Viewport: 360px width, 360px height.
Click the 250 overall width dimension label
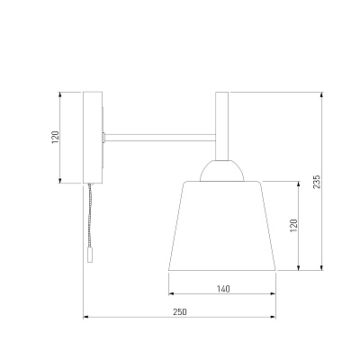coord(180,312)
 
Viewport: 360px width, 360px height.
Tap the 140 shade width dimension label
coord(223,289)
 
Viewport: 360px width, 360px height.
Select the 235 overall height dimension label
coord(317,182)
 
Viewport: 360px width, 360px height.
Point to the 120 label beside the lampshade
coord(293,226)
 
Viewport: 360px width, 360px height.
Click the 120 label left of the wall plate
coord(56,137)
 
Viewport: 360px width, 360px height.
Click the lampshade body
coord(222,226)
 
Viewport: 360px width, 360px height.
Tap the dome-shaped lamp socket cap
coord(222,171)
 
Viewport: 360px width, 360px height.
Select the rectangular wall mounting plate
coord(93,138)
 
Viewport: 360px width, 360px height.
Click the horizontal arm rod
coord(160,138)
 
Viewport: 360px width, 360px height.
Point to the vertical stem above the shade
coord(222,126)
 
